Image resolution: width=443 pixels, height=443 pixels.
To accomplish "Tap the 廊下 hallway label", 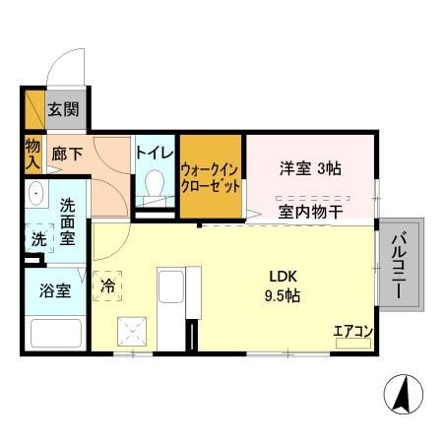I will click(67, 154).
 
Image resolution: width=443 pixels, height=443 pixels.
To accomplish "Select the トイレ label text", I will click(154, 154).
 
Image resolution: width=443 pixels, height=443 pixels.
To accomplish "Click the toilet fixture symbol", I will click(154, 184).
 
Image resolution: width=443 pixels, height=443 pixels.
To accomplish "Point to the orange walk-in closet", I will click(211, 175).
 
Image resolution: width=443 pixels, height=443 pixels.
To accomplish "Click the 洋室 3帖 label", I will click(311, 168).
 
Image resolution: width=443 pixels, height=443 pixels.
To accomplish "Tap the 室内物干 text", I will click(309, 210).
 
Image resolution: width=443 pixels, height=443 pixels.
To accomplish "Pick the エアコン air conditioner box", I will click(352, 332).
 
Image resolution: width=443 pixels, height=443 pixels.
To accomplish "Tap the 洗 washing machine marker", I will click(37, 238).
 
